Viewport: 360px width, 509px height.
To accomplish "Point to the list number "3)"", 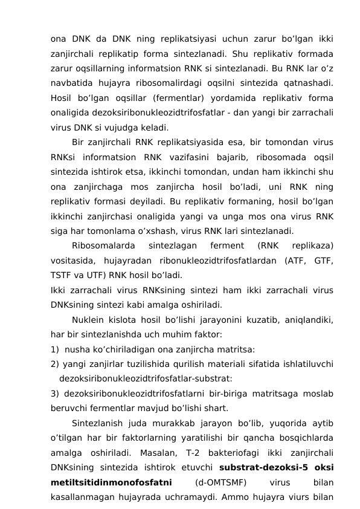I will [x=55, y=394].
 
